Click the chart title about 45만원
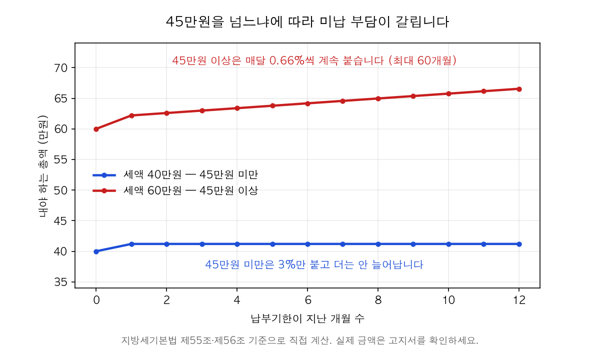(x=307, y=21)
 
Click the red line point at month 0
(x=96, y=129)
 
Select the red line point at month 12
(x=519, y=89)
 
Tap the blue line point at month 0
(x=96, y=251)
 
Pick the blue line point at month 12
(x=519, y=244)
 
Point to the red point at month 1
(x=131, y=115)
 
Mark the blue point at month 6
(x=307, y=244)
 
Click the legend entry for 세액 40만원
(x=175, y=175)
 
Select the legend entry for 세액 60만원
(x=175, y=190)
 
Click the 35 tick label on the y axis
(x=60, y=282)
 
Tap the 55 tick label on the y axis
(x=60, y=159)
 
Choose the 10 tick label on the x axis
(x=448, y=300)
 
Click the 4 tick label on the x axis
(x=237, y=300)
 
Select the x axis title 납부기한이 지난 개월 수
(x=307, y=318)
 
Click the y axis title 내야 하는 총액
(x=43, y=166)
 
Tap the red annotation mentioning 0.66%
(x=314, y=60)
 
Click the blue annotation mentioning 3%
(x=314, y=264)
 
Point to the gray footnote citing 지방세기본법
(x=299, y=340)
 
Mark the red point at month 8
(x=378, y=98)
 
